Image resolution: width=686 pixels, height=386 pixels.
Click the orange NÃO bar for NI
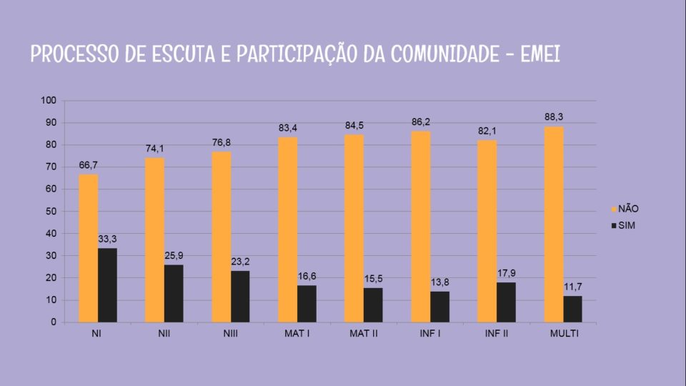click(89, 248)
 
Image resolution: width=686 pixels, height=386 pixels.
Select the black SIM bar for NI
click(107, 285)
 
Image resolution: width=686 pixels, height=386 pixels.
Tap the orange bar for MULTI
click(554, 224)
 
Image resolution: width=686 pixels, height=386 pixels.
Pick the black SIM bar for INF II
click(507, 302)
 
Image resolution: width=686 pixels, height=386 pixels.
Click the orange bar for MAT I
click(288, 229)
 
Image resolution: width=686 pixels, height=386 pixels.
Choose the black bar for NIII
click(240, 296)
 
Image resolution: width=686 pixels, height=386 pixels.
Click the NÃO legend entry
click(623, 209)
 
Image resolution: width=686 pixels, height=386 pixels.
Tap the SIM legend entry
click(622, 226)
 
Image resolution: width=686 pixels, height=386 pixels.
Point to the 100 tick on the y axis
click(48, 101)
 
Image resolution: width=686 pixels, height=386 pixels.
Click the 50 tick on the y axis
click(50, 212)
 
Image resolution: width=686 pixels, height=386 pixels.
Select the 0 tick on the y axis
click(53, 322)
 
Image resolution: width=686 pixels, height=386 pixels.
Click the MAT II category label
click(364, 334)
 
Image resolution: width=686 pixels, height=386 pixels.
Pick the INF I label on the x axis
click(430, 334)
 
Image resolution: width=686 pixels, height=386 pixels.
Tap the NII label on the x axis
click(164, 334)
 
